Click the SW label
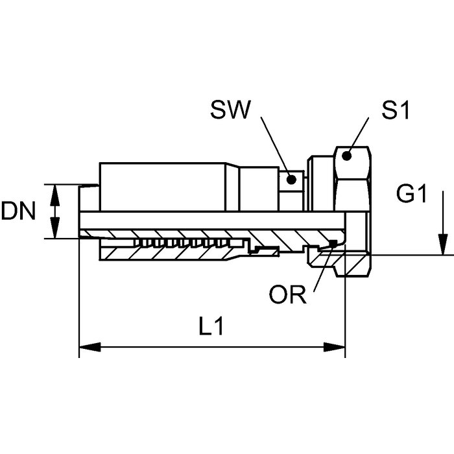[x=230, y=110]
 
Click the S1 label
[x=395, y=110]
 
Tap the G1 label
[x=412, y=194]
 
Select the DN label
[x=18, y=211]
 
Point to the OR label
[x=287, y=296]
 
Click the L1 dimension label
[x=211, y=328]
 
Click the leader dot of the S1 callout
[x=347, y=155]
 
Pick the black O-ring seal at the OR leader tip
[x=333, y=243]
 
